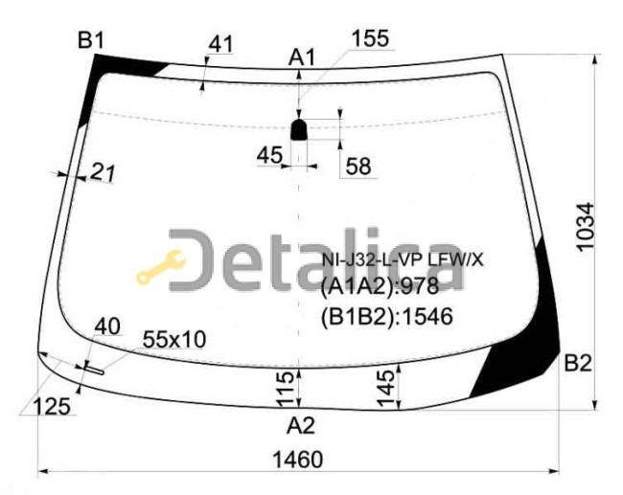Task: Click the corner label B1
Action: click(91, 40)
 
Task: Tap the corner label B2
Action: click(578, 363)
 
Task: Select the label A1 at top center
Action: click(302, 57)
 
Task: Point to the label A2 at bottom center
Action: click(301, 425)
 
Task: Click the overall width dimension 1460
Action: click(297, 461)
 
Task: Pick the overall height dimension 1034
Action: click(586, 227)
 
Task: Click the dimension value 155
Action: click(370, 39)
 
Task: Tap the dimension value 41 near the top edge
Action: click(220, 44)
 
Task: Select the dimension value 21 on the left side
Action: click(103, 172)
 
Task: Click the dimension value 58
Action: click(358, 166)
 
